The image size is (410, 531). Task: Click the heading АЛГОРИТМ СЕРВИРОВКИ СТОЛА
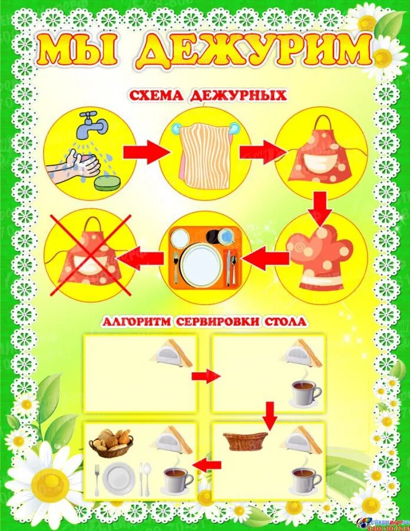[x=204, y=322]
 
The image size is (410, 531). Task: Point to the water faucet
[x=94, y=123]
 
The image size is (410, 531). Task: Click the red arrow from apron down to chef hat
[x=321, y=208]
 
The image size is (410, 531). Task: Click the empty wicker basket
[x=245, y=440]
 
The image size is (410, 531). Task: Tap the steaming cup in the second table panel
[x=306, y=392]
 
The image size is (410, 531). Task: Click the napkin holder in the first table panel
[x=171, y=353]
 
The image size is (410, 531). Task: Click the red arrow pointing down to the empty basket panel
[x=270, y=415]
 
